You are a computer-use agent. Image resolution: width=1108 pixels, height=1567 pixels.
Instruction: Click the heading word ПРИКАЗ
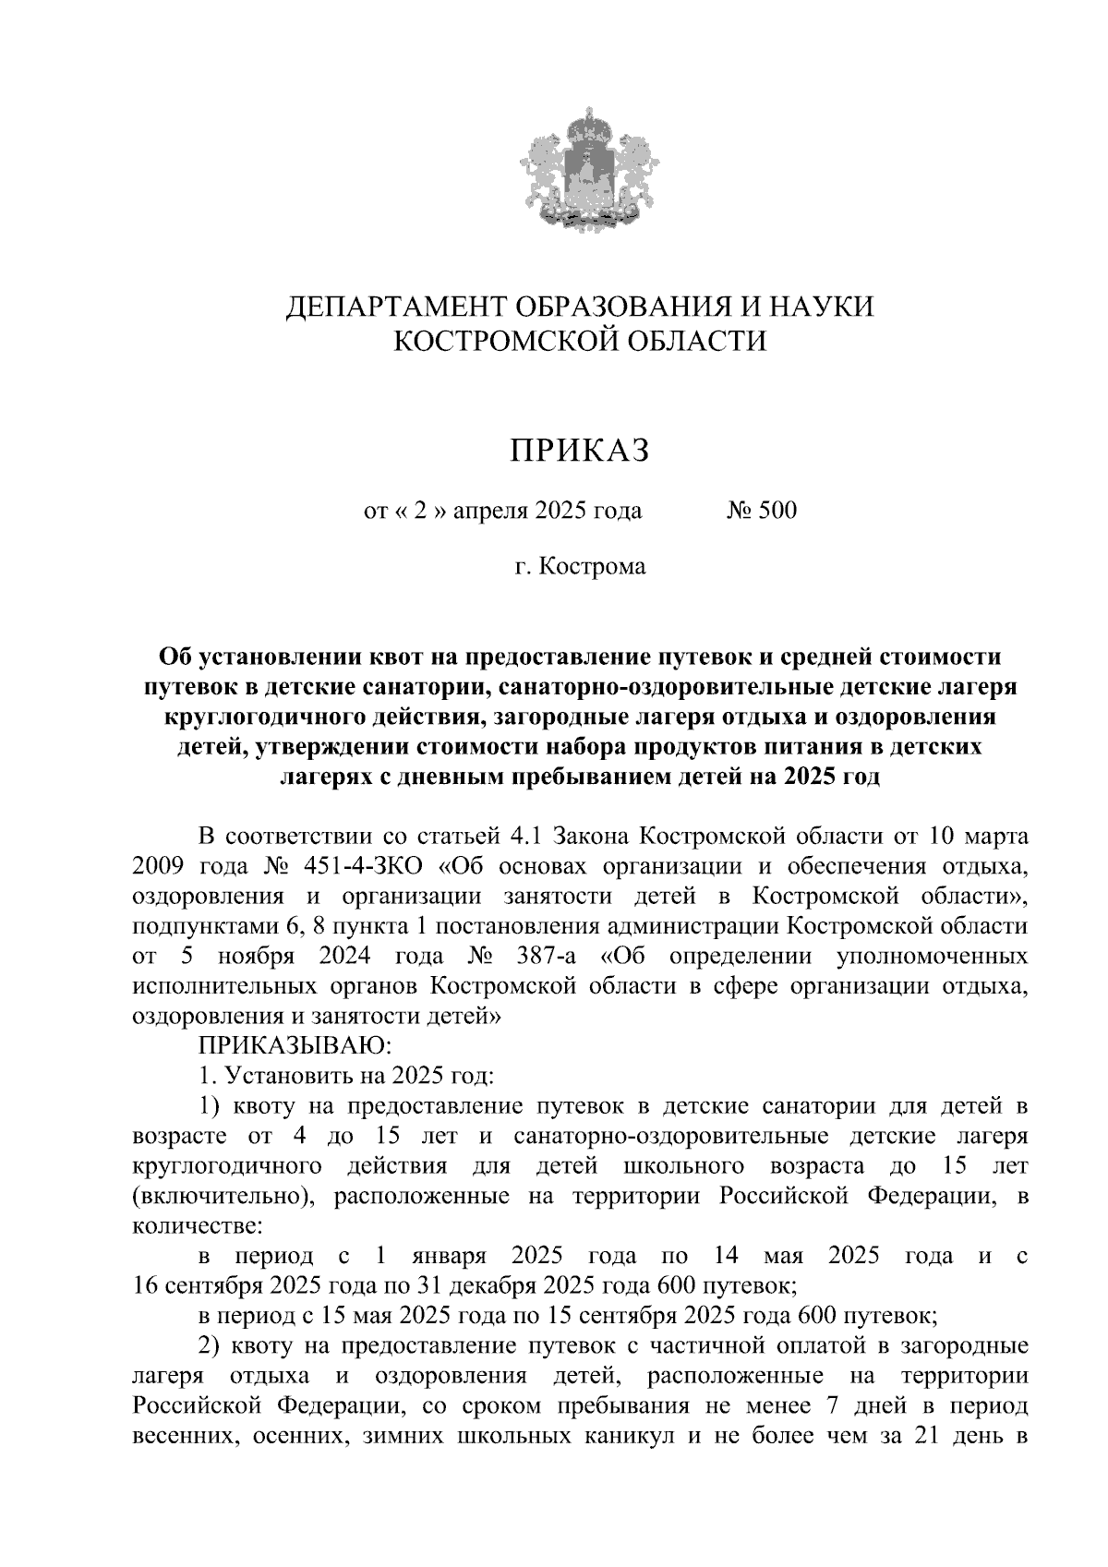580,450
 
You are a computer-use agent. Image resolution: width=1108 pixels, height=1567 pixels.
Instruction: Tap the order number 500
776,511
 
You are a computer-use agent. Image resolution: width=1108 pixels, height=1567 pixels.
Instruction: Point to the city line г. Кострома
580,565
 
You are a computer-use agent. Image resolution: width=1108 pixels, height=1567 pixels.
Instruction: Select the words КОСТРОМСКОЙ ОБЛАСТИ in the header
580,342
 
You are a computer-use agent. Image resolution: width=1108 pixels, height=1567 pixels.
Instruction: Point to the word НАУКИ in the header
822,306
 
